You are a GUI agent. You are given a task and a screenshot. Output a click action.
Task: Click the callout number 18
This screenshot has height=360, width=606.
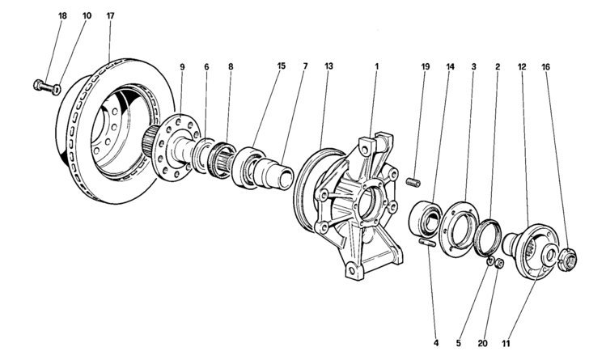click(x=62, y=16)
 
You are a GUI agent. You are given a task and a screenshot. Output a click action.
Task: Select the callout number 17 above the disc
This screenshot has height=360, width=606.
click(x=110, y=16)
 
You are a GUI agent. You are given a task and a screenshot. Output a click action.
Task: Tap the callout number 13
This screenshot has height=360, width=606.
click(x=328, y=66)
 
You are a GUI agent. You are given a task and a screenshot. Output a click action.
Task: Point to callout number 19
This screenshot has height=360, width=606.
click(x=425, y=66)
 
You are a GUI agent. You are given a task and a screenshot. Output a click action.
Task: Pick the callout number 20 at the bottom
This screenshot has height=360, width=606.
click(x=483, y=343)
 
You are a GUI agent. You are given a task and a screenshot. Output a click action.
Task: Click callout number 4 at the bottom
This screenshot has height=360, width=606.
click(x=436, y=343)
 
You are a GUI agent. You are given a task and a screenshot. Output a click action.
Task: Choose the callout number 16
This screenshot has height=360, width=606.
click(x=545, y=66)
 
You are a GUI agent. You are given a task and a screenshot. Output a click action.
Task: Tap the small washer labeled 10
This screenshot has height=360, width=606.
click(x=57, y=89)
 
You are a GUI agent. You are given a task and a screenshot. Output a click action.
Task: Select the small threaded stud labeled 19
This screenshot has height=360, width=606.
click(x=414, y=182)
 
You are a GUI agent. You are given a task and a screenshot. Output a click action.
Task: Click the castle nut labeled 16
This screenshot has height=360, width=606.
click(x=568, y=258)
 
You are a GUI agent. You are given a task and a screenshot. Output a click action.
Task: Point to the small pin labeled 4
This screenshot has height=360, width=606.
click(x=427, y=243)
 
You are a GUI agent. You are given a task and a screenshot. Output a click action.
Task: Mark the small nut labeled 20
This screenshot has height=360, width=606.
click(x=499, y=264)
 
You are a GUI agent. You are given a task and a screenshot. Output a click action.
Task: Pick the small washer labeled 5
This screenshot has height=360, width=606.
click(x=490, y=261)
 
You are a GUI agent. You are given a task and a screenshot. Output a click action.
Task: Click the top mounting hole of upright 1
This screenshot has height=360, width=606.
click(x=363, y=146)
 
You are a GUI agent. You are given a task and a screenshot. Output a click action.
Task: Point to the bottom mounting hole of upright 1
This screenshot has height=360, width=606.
click(x=351, y=267)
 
